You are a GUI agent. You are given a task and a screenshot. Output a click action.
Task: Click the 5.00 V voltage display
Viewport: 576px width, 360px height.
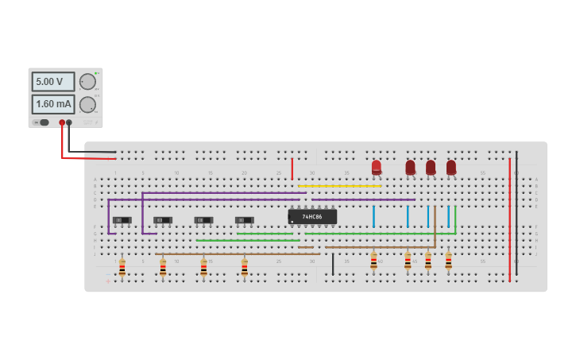[x=53, y=82]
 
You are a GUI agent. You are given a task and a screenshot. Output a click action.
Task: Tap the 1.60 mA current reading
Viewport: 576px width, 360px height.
[x=53, y=104]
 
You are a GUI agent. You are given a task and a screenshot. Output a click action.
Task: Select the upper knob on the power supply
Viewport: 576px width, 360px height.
[x=87, y=82]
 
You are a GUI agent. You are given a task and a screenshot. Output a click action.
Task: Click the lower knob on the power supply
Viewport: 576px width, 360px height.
[x=87, y=104]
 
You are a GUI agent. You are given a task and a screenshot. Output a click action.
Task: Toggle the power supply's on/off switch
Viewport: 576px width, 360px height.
[x=44, y=122]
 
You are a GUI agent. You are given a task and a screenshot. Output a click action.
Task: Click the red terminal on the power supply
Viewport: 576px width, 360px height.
[x=62, y=122]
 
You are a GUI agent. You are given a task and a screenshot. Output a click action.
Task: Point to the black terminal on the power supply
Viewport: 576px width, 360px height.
[x=69, y=122]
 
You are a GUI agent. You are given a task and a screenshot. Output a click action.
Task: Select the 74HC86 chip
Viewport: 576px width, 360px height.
[x=312, y=216]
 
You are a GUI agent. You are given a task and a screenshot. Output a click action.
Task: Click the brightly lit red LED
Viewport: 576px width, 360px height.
[x=376, y=167]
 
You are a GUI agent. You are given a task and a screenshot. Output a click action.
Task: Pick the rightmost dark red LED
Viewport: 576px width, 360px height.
[x=451, y=167]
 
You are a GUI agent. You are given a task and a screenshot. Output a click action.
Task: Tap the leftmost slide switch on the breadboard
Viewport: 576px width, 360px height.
[x=122, y=220]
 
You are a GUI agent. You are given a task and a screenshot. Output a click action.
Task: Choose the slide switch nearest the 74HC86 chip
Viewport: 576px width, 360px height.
[x=244, y=220]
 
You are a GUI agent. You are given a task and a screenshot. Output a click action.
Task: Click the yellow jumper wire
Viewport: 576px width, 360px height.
[x=339, y=186]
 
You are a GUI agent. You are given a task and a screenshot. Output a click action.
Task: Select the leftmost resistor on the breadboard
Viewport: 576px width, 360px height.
[x=122, y=268]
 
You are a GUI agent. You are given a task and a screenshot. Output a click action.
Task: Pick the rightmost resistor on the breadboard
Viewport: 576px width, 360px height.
[x=448, y=261]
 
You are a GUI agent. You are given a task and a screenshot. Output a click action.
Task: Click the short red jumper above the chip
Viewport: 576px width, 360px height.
[x=292, y=168]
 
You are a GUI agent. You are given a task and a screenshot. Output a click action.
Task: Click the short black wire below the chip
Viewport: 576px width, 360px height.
[x=333, y=264]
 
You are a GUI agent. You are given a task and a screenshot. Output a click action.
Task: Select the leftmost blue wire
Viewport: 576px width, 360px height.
[x=373, y=216]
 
